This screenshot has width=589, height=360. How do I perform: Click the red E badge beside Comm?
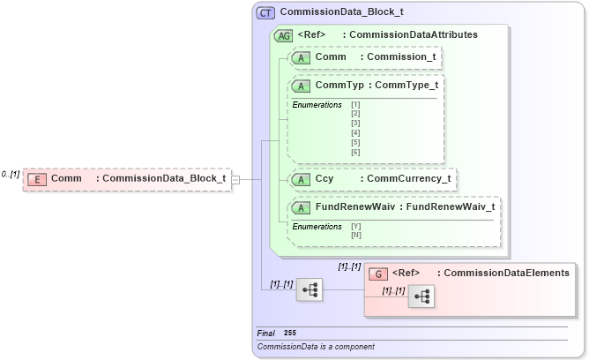pos(37,179)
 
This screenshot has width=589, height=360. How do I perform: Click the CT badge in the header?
pos(265,13)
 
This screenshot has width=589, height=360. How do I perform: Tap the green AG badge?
pos(284,35)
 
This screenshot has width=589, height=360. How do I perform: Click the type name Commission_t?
pos(401,56)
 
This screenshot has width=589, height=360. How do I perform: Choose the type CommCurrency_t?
pos(408,178)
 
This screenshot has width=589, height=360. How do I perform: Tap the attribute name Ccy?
pos(324,178)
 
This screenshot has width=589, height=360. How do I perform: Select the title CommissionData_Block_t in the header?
pos(336,13)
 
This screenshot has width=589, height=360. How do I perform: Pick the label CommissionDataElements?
pos(507,274)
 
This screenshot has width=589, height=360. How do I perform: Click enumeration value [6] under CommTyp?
pos(355,153)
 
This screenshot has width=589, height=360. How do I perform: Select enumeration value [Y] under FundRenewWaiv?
pos(355,226)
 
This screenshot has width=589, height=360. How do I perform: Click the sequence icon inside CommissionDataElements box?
pos(421,297)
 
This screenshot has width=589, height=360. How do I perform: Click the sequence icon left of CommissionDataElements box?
pos(309,289)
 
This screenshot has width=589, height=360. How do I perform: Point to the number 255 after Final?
pos(290,333)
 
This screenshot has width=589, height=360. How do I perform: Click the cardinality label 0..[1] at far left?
pos(11,174)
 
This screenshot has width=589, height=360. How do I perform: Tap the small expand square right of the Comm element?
pos(235,179)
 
